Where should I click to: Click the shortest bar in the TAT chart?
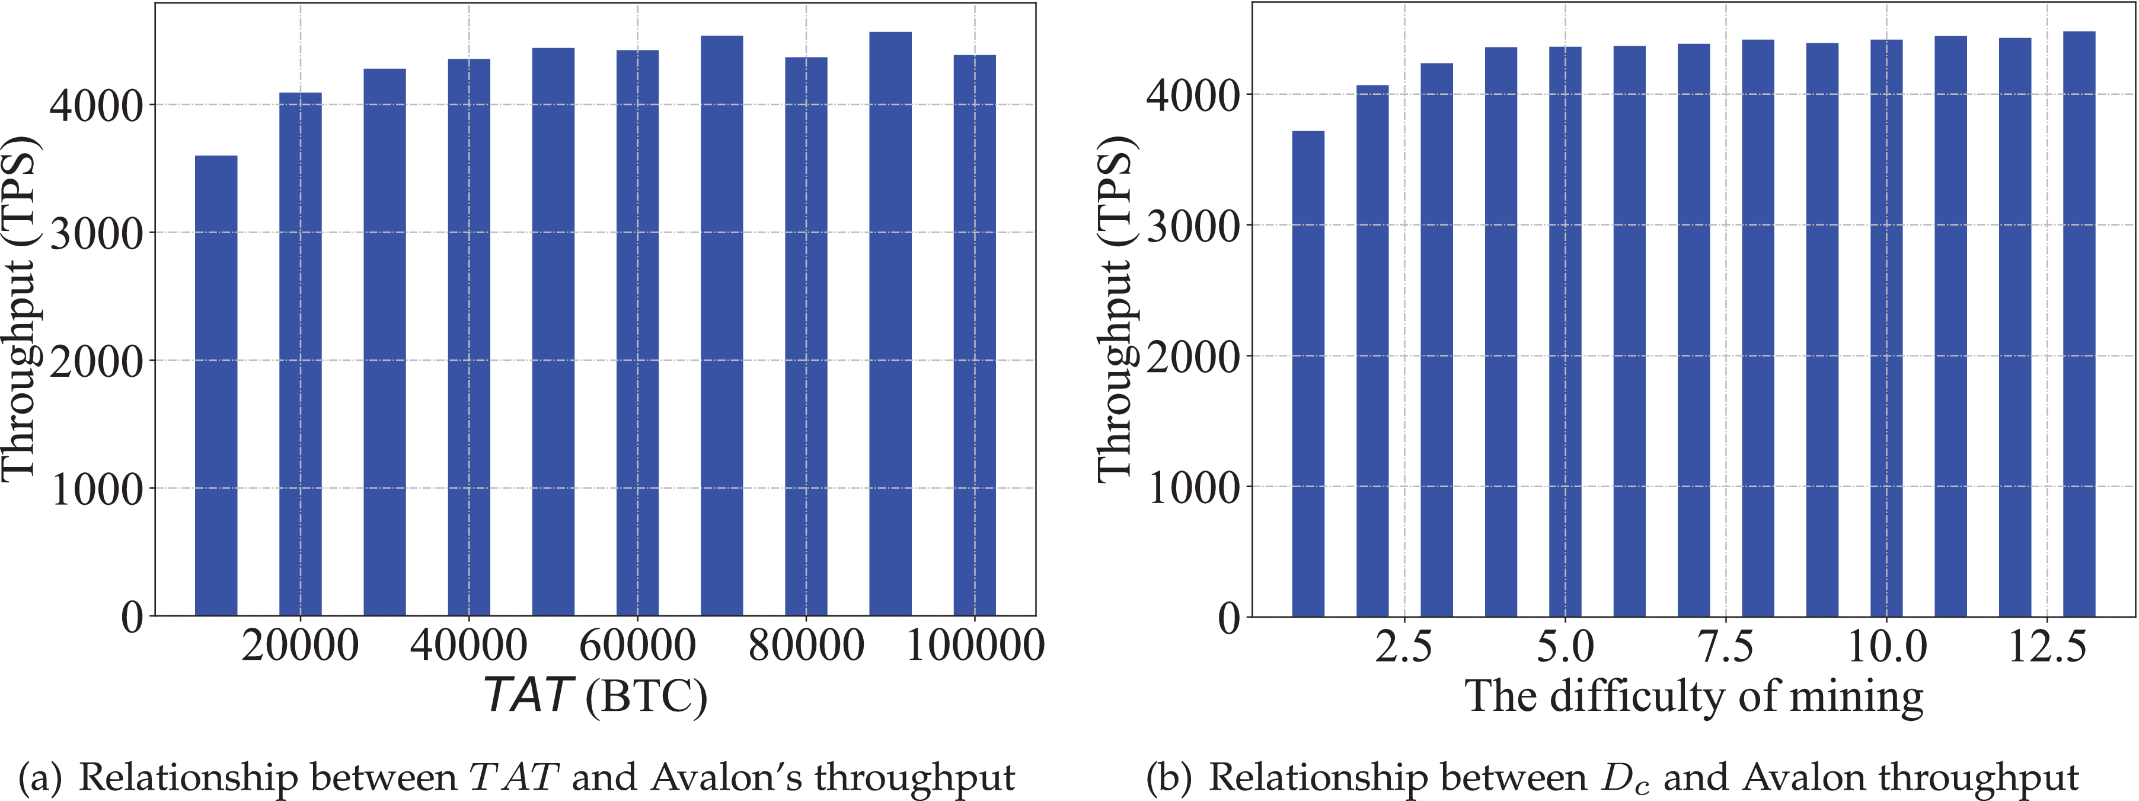[x=216, y=386]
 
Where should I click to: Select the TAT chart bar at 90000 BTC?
[x=890, y=324]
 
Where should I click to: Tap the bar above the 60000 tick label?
[x=638, y=332]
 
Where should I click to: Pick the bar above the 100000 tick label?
[x=974, y=336]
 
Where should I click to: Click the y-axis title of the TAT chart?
[x=20, y=307]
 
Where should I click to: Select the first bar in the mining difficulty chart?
[x=1308, y=374]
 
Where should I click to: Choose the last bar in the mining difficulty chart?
[x=2079, y=324]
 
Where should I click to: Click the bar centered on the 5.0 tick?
[x=1565, y=332]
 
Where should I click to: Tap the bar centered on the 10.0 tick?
[x=1886, y=328]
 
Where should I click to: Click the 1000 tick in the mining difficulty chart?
[x=1193, y=488]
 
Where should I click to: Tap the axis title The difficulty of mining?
[x=1694, y=697]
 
